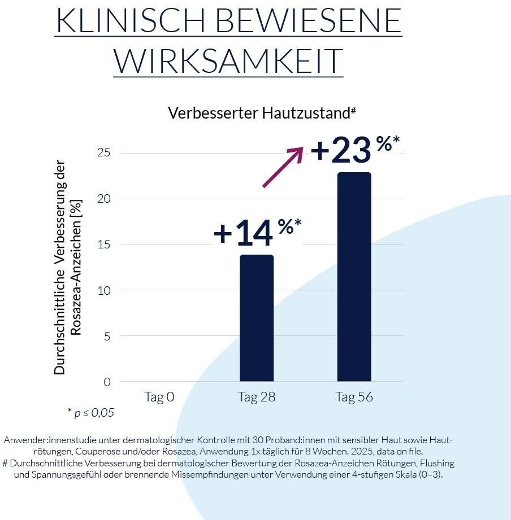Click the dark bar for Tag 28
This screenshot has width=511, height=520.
257,318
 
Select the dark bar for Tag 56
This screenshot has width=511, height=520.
354,277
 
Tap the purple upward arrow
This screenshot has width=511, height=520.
283,167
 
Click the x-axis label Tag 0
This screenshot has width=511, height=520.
159,397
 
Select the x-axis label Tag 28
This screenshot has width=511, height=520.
257,397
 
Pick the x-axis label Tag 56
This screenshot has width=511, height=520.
354,397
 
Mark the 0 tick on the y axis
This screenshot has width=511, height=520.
106,382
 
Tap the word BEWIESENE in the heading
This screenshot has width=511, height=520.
309,21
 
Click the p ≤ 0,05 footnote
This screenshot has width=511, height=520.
90,413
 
